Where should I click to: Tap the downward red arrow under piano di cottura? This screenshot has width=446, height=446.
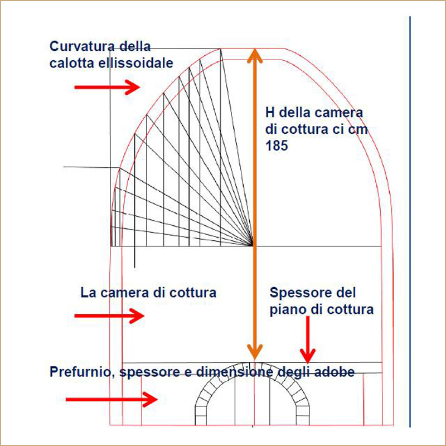point(307,340)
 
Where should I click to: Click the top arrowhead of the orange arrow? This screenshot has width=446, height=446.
point(255,56)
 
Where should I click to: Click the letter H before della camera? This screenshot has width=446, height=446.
point(270,113)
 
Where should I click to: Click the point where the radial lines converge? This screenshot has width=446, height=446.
point(254,245)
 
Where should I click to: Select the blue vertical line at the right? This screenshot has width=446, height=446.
point(410,223)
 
